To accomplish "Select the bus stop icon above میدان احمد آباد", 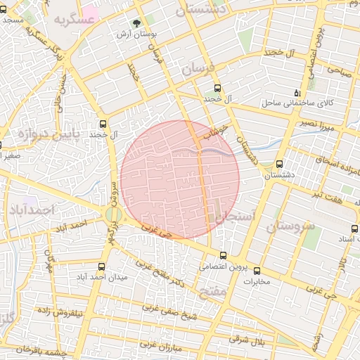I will coord(103,266).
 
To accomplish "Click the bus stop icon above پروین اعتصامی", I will coord(224,255).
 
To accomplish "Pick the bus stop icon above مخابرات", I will coord(257,271).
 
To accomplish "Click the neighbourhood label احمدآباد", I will coord(31,210).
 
